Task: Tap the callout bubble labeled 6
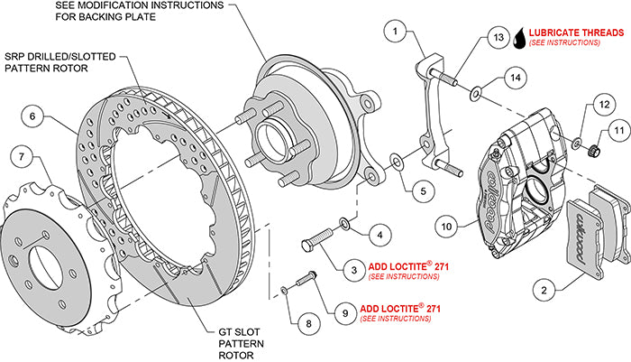[x=32, y=116]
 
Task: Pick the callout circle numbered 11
[x=618, y=132]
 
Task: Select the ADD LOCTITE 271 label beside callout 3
[x=411, y=269]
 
